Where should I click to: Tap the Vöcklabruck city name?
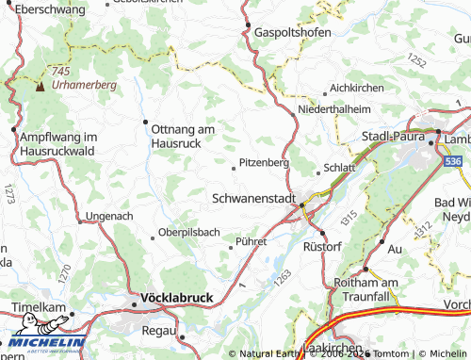[x=176, y=298]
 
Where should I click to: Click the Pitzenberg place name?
[x=264, y=162]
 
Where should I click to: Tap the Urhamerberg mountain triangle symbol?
[x=40, y=86]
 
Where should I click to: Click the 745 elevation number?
[x=62, y=73]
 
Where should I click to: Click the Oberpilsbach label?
[x=189, y=232]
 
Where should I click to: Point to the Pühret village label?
[x=252, y=241]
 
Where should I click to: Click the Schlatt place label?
[x=339, y=167]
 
